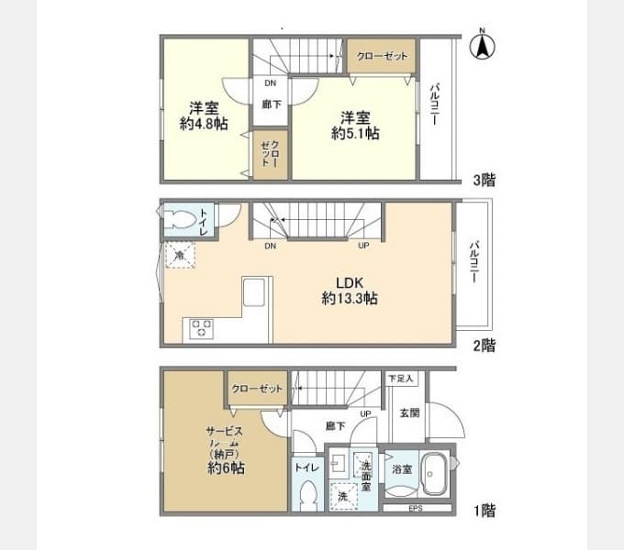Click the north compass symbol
click(483, 46)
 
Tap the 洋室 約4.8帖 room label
click(204, 115)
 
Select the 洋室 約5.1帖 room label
click(356, 125)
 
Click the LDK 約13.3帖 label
click(351, 290)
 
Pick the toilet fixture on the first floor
click(307, 495)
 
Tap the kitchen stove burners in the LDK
click(201, 328)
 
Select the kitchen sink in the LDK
click(254, 295)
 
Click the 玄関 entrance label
click(410, 413)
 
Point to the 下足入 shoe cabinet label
click(400, 378)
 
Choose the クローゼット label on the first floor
click(258, 389)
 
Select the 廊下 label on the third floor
click(271, 104)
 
